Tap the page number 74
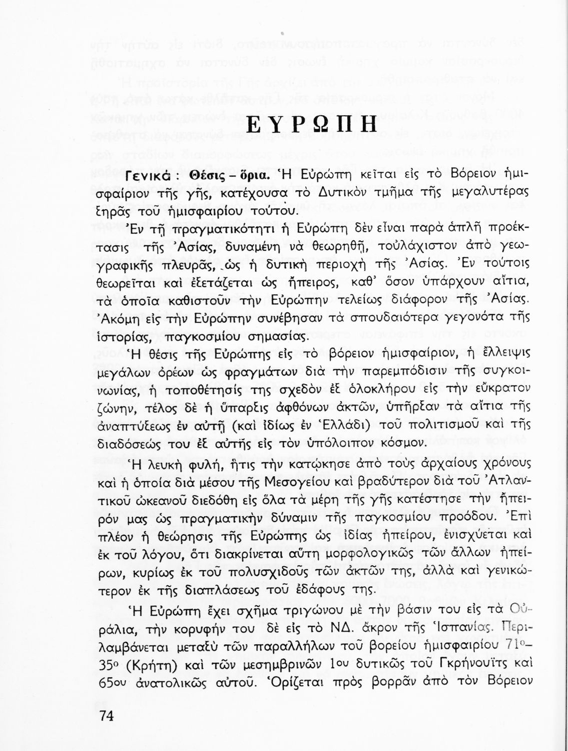coord(107,716)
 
